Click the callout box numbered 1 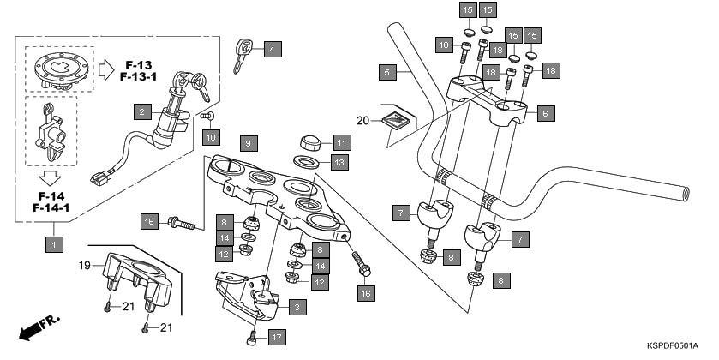(54, 244)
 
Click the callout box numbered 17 (276, 338)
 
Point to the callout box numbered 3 (296, 306)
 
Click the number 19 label (85, 265)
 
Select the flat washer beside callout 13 (308, 161)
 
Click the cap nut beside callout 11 (310, 142)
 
